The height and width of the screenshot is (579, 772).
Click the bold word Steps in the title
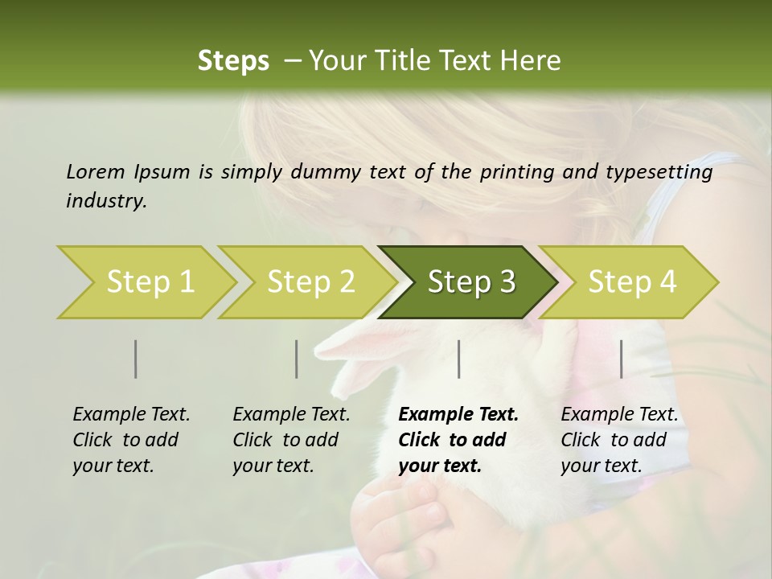point(233,60)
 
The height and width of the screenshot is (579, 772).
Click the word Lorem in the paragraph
point(95,171)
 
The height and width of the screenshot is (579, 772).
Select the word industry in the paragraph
point(105,200)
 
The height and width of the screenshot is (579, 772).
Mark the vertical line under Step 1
point(136,359)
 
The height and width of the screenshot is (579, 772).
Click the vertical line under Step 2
point(297,359)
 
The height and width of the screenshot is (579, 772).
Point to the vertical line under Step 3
point(459,359)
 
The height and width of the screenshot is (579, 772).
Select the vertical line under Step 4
point(621,359)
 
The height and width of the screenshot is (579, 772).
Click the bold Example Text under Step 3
point(458,415)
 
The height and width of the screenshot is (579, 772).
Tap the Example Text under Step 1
point(131,415)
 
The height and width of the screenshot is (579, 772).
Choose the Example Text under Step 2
point(291,415)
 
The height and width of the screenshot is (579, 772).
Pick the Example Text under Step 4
point(619,415)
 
